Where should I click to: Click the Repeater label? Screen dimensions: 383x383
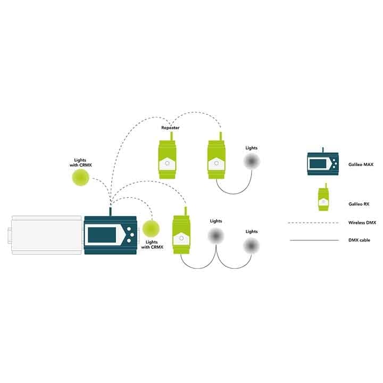[x=170, y=128]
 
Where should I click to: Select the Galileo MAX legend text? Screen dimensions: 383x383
[x=361, y=165]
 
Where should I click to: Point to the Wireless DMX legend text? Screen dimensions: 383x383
[x=362, y=222]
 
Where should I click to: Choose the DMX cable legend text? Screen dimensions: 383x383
[x=360, y=240]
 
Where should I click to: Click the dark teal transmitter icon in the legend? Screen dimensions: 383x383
[x=322, y=162]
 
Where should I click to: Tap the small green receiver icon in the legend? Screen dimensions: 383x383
[x=322, y=199]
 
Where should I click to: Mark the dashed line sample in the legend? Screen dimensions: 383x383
[x=314, y=222]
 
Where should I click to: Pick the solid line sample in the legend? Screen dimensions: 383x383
[x=314, y=240]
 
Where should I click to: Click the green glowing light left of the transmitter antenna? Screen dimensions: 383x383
[x=82, y=177]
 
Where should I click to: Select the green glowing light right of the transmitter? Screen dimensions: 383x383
[x=150, y=229]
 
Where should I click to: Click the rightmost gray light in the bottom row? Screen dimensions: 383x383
[x=252, y=245]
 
